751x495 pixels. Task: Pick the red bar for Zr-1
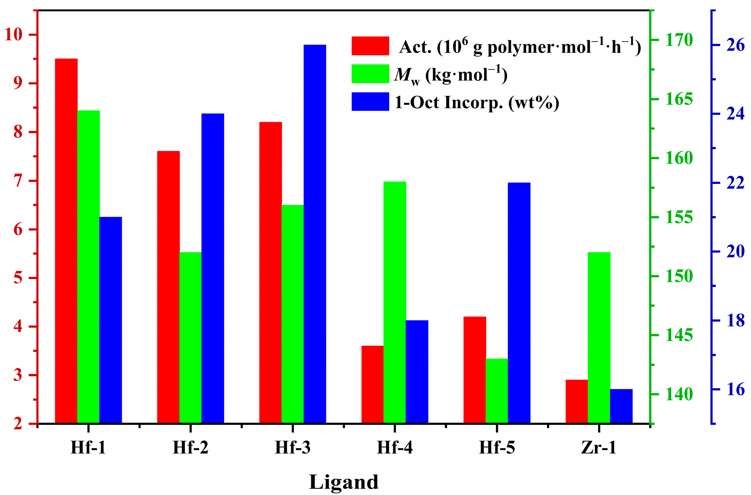[576, 401]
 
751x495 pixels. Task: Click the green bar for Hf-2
[190, 338]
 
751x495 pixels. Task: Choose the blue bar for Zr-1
[621, 406]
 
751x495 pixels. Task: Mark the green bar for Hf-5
[496, 391]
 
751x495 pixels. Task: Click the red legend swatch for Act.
[370, 46]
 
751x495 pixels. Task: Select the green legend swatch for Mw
[370, 74]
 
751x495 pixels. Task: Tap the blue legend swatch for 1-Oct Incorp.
[370, 102]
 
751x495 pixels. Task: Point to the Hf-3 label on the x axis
[292, 447]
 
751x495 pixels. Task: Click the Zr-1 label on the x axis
[599, 447]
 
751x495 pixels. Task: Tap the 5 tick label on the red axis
[18, 278]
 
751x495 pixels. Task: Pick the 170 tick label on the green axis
[679, 40]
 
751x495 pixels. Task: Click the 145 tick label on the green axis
[679, 335]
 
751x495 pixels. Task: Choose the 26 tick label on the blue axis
[735, 45]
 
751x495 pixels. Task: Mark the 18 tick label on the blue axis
[735, 320]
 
